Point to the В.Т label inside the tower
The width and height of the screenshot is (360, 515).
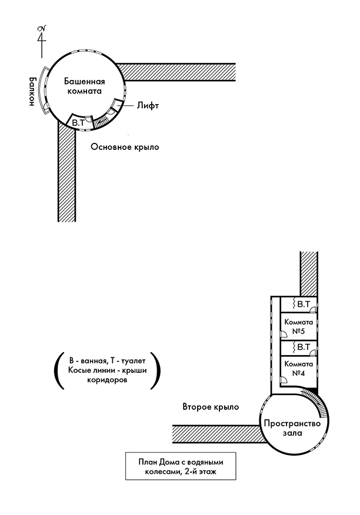tap(78, 122)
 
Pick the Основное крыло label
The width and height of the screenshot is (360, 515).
tap(125, 146)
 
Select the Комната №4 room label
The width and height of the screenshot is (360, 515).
tap(298, 368)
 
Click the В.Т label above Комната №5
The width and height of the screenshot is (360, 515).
tap(304, 305)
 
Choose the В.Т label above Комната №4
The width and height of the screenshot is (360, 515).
tap(304, 347)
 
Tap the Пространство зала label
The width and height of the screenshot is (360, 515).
tap(291, 428)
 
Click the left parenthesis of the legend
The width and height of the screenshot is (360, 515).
tap(58, 370)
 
